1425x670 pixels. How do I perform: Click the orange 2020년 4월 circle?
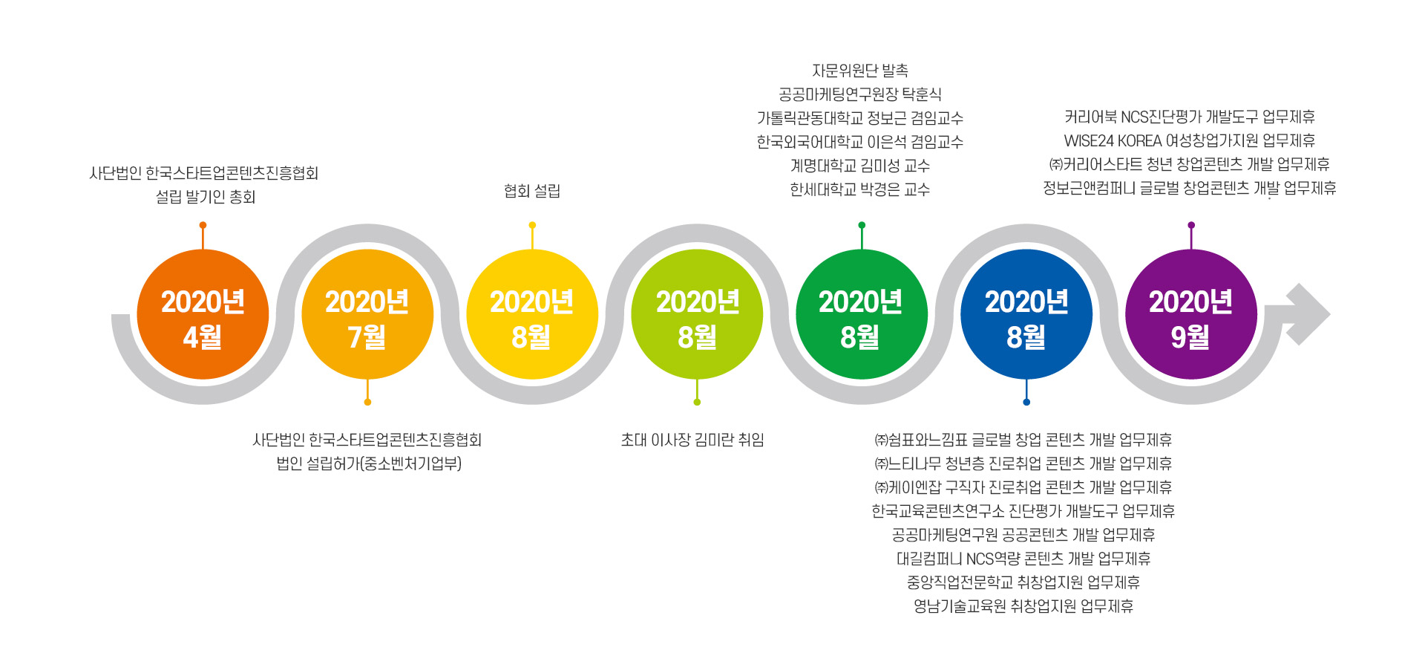point(203,314)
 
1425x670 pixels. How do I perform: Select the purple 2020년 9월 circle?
point(1191,314)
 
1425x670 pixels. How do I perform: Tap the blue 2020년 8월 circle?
point(1026,314)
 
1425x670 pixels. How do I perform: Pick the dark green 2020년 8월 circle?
point(862,314)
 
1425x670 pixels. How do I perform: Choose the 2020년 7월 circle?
point(367,314)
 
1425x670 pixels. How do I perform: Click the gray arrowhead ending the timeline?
point(1308,314)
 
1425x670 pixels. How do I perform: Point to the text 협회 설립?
point(532,191)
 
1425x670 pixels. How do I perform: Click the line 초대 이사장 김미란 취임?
point(692,440)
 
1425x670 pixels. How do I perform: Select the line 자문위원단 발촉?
point(860,71)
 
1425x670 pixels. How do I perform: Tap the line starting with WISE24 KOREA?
point(1190,140)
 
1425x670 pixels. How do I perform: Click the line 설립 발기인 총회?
point(206,197)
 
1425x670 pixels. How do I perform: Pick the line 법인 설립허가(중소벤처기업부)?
point(369,464)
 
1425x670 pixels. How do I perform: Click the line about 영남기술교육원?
point(1023,606)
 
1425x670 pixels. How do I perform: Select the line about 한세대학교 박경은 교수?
point(860,189)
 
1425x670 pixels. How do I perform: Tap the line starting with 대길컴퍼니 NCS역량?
point(1023,559)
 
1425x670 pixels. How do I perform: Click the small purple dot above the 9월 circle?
point(1191,225)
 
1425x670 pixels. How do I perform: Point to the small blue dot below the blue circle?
point(1026,402)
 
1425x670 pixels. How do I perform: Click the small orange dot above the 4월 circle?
point(203,225)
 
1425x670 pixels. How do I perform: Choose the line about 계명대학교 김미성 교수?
point(860,166)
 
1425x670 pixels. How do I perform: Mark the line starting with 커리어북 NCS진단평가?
point(1190,117)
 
